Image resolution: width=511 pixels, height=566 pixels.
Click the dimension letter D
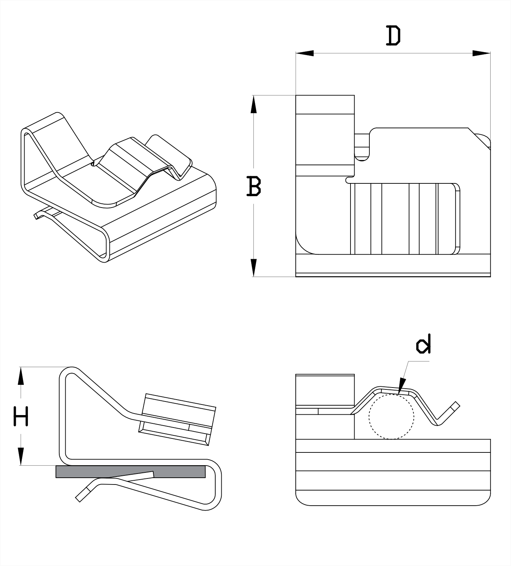pos(393,36)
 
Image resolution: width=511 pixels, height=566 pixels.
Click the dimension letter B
pos(253,186)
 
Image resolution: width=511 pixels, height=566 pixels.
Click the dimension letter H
pos(21,416)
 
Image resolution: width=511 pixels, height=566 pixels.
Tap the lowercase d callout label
pos(423,345)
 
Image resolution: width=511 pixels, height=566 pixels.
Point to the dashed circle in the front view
pos(392,417)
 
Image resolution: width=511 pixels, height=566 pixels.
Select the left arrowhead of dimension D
pos(304,54)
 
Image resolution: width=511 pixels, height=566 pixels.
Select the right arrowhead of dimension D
pos(482,54)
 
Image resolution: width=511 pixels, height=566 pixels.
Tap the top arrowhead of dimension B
pos(253,104)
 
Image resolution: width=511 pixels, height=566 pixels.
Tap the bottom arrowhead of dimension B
pos(253,268)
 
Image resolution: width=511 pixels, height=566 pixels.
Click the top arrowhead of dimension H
pos(21,376)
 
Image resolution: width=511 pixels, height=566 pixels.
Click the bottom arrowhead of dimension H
pos(21,456)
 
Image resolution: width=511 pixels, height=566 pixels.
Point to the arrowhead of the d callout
pos(401,389)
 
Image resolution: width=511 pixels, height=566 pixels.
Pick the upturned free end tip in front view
pos(456,406)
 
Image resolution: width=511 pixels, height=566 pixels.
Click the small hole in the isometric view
pos(93,163)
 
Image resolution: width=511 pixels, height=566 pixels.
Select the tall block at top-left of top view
pos(325,130)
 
